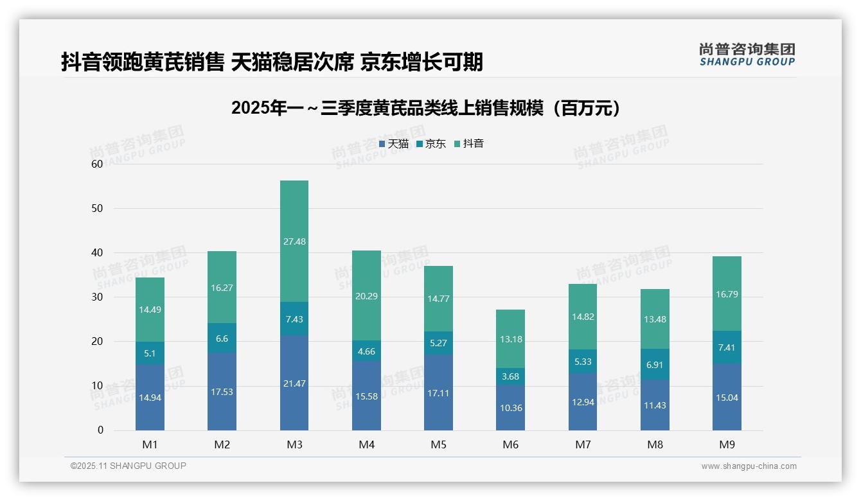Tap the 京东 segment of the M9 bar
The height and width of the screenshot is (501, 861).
click(727, 347)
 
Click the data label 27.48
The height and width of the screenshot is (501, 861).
click(294, 242)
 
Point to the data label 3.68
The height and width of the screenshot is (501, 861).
click(511, 376)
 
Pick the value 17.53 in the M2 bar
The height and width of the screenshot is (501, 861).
click(222, 392)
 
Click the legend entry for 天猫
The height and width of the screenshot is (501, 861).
click(394, 144)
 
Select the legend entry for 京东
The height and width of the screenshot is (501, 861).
click(431, 144)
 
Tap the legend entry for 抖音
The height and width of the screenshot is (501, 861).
click(469, 144)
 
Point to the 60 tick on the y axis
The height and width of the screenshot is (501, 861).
click(97, 164)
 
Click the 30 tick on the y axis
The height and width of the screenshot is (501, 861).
click(97, 297)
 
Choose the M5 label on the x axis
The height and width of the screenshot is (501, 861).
click(438, 444)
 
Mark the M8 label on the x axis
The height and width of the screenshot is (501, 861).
click(655, 444)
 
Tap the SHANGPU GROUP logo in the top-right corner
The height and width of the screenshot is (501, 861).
click(747, 55)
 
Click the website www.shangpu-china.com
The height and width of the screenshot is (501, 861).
click(749, 466)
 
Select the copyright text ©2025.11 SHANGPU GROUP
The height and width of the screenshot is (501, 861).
click(129, 466)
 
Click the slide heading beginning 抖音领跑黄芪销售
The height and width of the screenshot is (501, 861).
click(272, 62)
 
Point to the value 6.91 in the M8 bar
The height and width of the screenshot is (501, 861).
click(655, 364)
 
